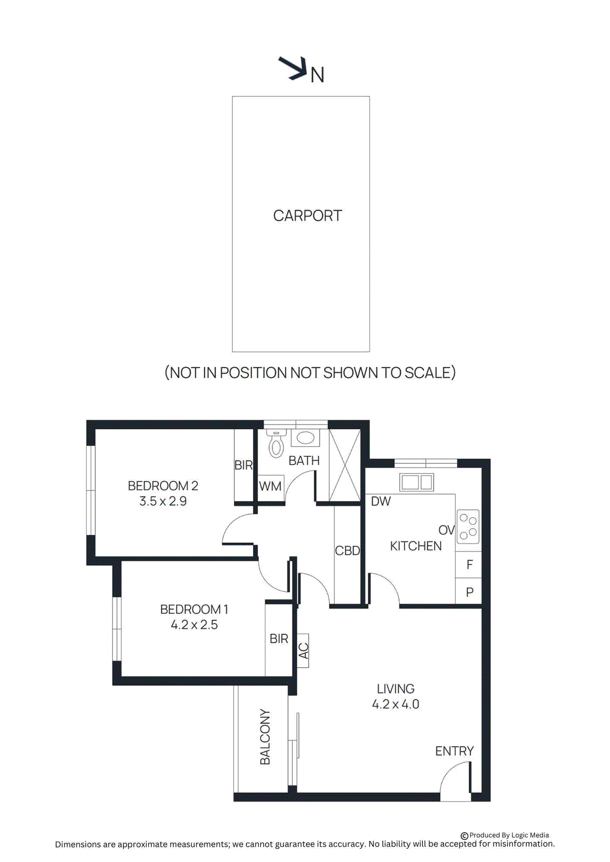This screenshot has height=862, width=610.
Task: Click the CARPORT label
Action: (307, 215)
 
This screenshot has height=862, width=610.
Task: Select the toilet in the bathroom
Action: (276, 444)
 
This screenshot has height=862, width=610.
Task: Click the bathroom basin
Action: (305, 437)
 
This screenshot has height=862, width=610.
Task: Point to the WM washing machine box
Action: (270, 486)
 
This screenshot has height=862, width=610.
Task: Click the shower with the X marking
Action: (344, 465)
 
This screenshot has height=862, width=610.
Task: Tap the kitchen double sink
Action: (417, 482)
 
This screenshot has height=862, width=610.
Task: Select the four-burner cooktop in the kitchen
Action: (468, 526)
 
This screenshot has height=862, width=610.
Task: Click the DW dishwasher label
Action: (381, 501)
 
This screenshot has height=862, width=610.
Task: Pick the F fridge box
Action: (469, 565)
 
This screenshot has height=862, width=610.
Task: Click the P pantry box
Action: (469, 592)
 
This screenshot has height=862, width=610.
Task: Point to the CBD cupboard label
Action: (347, 551)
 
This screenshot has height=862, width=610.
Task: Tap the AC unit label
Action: (303, 650)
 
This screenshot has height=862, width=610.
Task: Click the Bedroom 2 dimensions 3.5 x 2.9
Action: (163, 501)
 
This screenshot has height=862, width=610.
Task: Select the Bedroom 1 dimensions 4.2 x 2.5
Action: (194, 625)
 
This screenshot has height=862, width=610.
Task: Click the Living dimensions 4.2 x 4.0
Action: (395, 704)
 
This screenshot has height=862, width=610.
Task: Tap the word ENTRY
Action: (454, 751)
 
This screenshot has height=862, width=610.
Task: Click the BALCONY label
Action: (265, 736)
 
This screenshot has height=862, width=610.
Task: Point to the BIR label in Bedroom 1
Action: (279, 638)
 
